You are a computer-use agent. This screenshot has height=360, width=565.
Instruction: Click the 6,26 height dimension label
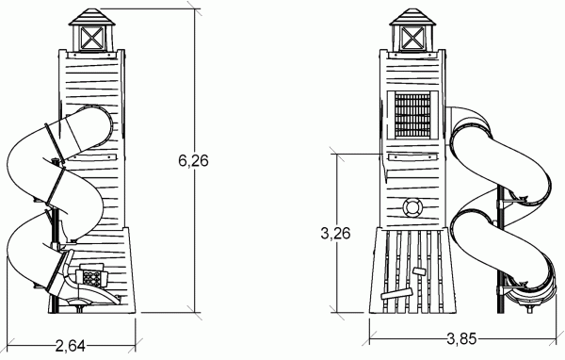point(193,160)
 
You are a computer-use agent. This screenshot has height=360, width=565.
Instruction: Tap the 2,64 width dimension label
point(71,346)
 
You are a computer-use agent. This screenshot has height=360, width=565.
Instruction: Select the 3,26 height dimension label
point(335,234)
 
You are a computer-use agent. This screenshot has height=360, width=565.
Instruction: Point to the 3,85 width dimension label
point(461,339)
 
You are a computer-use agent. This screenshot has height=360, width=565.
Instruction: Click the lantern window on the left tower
point(91,39)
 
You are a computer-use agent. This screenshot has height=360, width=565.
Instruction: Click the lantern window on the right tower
point(412,38)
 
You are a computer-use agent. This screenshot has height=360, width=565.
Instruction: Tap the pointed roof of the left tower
point(92,17)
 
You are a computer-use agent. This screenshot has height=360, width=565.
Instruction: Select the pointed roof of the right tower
point(412,17)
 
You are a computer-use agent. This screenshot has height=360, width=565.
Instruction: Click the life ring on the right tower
point(412,207)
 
